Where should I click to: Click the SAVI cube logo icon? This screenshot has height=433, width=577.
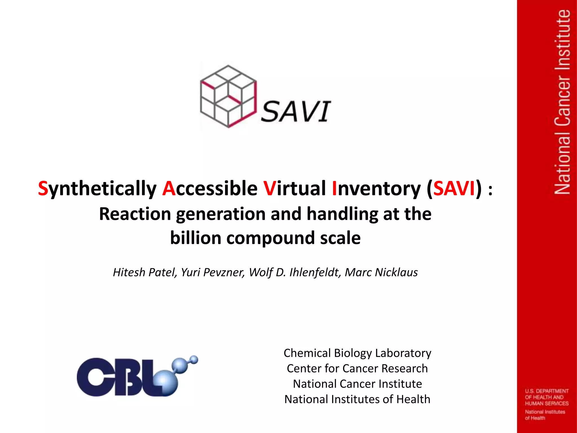pos(228,96)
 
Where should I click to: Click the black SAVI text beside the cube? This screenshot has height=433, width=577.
pos(296,112)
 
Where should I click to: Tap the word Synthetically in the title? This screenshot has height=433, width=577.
pos(97,188)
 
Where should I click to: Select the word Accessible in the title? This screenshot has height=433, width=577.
pos(210,188)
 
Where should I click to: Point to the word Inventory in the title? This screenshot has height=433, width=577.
pos(376,188)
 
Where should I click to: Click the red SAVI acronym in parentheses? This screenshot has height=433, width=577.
pos(454,188)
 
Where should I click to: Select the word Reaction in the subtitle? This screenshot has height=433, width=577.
pos(135,214)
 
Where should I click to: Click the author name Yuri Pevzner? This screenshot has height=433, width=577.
pos(213,272)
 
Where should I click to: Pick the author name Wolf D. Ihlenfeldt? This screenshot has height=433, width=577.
pos(295,272)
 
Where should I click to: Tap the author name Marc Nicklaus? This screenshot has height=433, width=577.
pos(381,272)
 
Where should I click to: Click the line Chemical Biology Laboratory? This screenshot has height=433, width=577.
pos(357,353)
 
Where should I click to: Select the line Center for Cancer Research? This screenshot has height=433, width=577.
pos(357,368)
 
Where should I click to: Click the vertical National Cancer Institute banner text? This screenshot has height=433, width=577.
pos(562,101)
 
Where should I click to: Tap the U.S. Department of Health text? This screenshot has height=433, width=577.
pos(547,397)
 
